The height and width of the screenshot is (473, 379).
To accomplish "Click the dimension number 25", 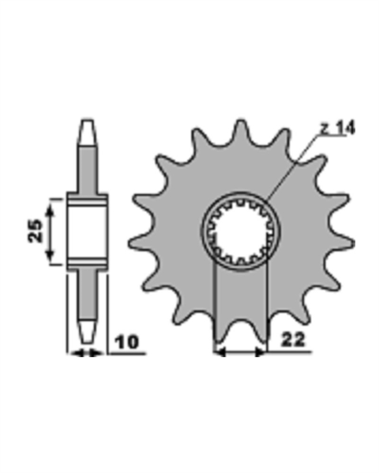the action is click(x=36, y=231).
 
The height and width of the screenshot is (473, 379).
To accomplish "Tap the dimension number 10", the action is click(x=127, y=342).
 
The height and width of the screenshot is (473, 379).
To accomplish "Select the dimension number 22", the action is click(x=293, y=340).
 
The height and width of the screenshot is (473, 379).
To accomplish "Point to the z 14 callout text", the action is click(x=338, y=128).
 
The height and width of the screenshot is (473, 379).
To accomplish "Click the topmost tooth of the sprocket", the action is click(x=241, y=128).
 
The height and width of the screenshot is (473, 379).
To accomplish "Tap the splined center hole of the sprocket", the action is click(x=241, y=231).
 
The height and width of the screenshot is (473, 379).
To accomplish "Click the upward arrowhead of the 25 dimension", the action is click(x=50, y=209).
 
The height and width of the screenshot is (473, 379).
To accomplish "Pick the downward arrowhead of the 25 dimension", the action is click(x=50, y=255).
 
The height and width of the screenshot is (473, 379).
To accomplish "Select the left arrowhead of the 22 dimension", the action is click(x=220, y=352).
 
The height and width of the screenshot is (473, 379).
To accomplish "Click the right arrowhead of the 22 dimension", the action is click(x=261, y=352).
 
